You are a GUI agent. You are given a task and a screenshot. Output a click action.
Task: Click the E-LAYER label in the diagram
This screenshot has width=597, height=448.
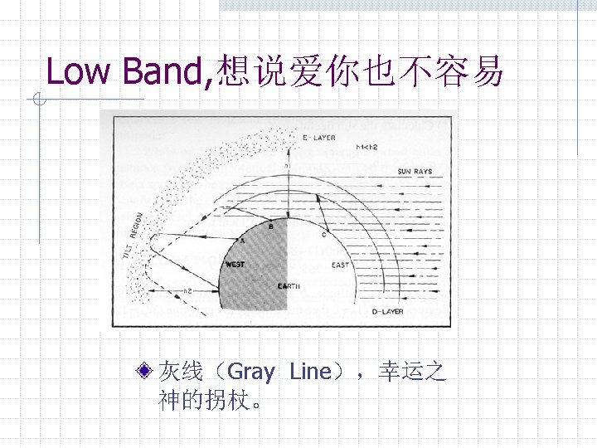click(318, 137)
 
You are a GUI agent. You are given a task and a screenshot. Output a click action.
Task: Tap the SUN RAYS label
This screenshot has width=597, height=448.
click(415, 172)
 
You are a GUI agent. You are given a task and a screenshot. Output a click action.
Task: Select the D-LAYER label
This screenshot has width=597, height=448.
click(386, 311)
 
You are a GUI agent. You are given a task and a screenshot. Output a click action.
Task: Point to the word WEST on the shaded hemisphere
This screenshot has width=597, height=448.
click(235, 265)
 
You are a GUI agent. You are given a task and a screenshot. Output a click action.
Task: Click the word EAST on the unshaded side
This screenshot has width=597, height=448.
click(340, 265)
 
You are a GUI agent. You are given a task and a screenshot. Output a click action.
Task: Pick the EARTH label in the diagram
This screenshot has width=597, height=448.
click(289, 286)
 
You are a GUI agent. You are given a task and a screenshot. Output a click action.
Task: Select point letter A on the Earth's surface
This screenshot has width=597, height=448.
click(242, 239)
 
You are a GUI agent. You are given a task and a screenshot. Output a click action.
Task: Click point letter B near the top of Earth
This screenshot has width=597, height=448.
click(271, 225)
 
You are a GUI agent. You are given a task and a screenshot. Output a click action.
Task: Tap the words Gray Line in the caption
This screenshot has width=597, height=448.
click(278, 372)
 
